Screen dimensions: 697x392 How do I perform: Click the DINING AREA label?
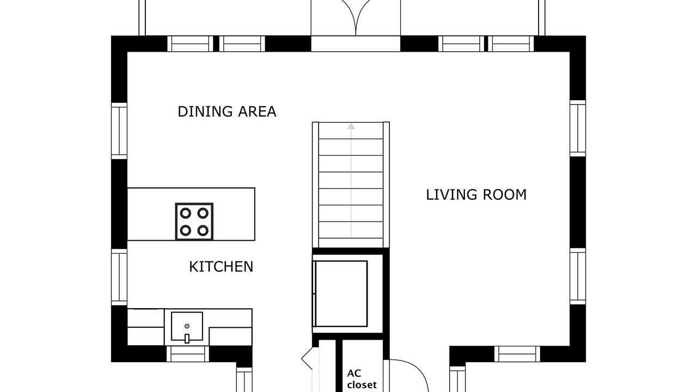tap(227, 112)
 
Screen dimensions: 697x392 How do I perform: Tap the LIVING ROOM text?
tap(476, 195)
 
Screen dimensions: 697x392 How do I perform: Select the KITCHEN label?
tap(221, 267)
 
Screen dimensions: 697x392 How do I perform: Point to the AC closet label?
tap(362, 379)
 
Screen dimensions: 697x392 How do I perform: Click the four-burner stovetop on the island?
tap(194, 222)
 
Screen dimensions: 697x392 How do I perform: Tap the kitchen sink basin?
tap(187, 326)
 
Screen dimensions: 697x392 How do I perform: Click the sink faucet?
tap(187, 339)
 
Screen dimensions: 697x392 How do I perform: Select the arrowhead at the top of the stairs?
tap(351, 126)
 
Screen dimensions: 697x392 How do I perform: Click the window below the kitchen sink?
tap(188, 354)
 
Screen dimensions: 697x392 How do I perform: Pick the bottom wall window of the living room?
tap(517, 354)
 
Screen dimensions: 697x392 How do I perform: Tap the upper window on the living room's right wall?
tap(578, 128)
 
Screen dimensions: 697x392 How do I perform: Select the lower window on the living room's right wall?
tap(578, 276)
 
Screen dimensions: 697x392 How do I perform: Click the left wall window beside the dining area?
tap(119, 131)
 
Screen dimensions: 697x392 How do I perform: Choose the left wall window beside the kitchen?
tap(119, 277)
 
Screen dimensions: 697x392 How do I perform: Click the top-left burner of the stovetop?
tap(186, 213)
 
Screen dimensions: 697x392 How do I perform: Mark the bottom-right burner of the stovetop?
tap(203, 230)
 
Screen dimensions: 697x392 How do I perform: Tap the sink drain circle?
tap(187, 326)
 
